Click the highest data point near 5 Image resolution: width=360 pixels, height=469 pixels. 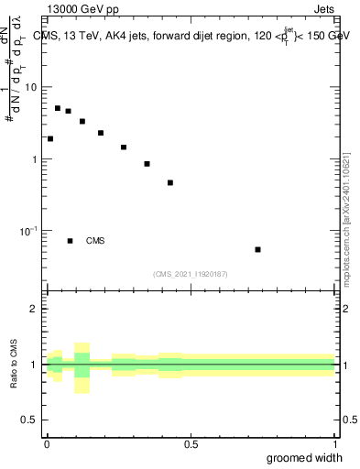click(x=58, y=108)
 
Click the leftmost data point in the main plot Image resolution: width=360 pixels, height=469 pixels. click(x=50, y=139)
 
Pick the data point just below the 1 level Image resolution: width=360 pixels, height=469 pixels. click(x=147, y=164)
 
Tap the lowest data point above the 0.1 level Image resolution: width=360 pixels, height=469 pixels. click(x=170, y=183)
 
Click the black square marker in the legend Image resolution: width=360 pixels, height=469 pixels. click(x=70, y=241)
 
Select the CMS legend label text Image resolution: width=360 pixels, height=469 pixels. click(x=95, y=241)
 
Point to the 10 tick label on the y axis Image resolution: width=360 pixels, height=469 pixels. click(x=32, y=87)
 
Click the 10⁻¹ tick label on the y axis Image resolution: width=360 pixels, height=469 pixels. click(x=30, y=231)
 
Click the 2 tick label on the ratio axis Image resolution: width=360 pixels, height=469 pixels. click(x=33, y=309)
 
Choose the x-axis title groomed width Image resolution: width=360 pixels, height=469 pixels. click(x=305, y=458)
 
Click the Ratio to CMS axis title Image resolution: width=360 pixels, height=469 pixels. click(x=15, y=365)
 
